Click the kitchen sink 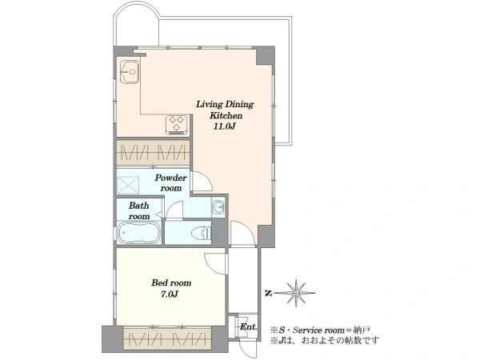pos(130,72)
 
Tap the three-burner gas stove pos(177,125)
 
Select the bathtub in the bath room pos(139,232)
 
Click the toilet pos(201,234)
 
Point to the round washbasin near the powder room pos(218,207)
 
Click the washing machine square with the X pos(128,186)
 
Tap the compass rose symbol pos(296,294)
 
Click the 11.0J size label pos(224,126)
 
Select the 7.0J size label pos(170,294)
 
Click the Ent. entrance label pos(249,326)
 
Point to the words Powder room pos(170,182)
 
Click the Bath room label pos(139,210)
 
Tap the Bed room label pos(171,282)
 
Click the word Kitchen pos(226,116)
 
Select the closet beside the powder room pos(153,152)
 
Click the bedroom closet pos(167,339)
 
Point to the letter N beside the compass pos(268,294)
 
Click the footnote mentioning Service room pos(320,330)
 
